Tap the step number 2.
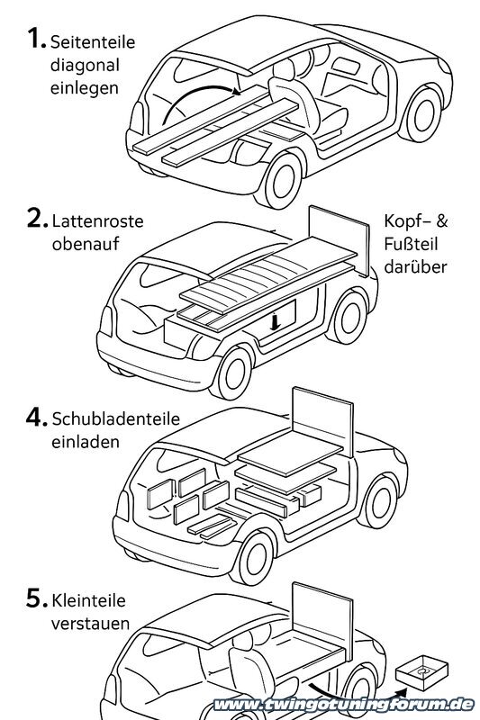coord(35,220)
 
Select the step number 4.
coord(36,418)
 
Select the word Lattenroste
coord(97,220)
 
